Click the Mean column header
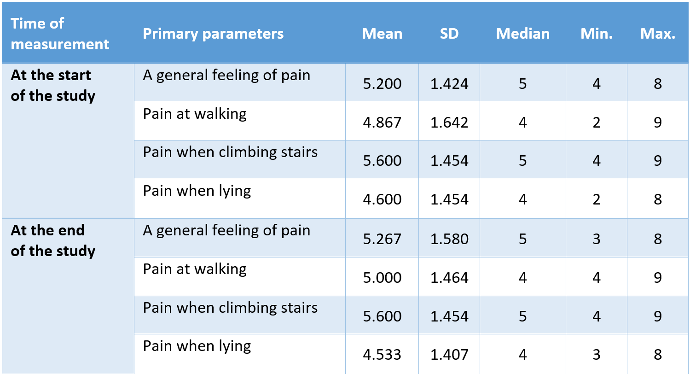pyautogui.click(x=382, y=34)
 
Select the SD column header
pyautogui.click(x=449, y=34)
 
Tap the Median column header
pyautogui.click(x=522, y=34)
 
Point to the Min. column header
pyautogui.click(x=597, y=34)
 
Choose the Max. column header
pyautogui.click(x=658, y=34)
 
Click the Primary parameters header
pyautogui.click(x=213, y=34)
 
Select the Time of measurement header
pyautogui.click(x=60, y=34)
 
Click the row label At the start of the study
pyautogui.click(x=52, y=85)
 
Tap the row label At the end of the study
pyautogui.click(x=52, y=240)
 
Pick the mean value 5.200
pyautogui.click(x=382, y=84)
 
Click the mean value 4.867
pyautogui.click(x=382, y=123)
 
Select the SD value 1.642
pyautogui.click(x=449, y=123)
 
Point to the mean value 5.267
pyautogui.click(x=382, y=239)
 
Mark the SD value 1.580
pyautogui.click(x=449, y=239)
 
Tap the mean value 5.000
pyautogui.click(x=382, y=278)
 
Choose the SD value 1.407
pyautogui.click(x=449, y=355)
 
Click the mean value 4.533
pyautogui.click(x=382, y=355)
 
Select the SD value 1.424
pyautogui.click(x=449, y=84)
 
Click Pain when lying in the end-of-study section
pyautogui.click(x=197, y=346)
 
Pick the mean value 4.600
pyautogui.click(x=382, y=199)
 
